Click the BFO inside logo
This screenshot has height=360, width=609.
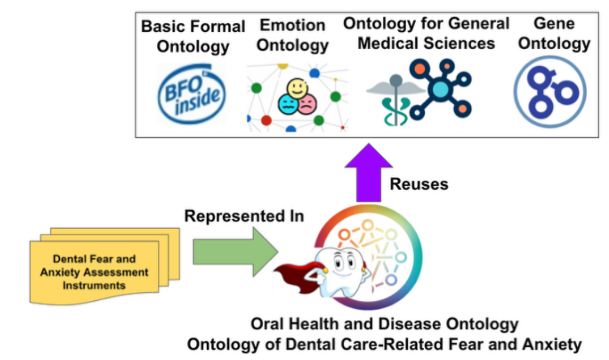[191, 95]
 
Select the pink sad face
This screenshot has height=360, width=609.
[307, 104]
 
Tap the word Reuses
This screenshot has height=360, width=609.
[419, 184]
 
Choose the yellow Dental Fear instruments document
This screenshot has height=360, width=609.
[94, 272]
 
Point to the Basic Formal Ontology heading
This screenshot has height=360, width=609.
[193, 36]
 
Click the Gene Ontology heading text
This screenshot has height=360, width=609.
[553, 33]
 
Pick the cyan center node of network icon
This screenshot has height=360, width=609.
[441, 90]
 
